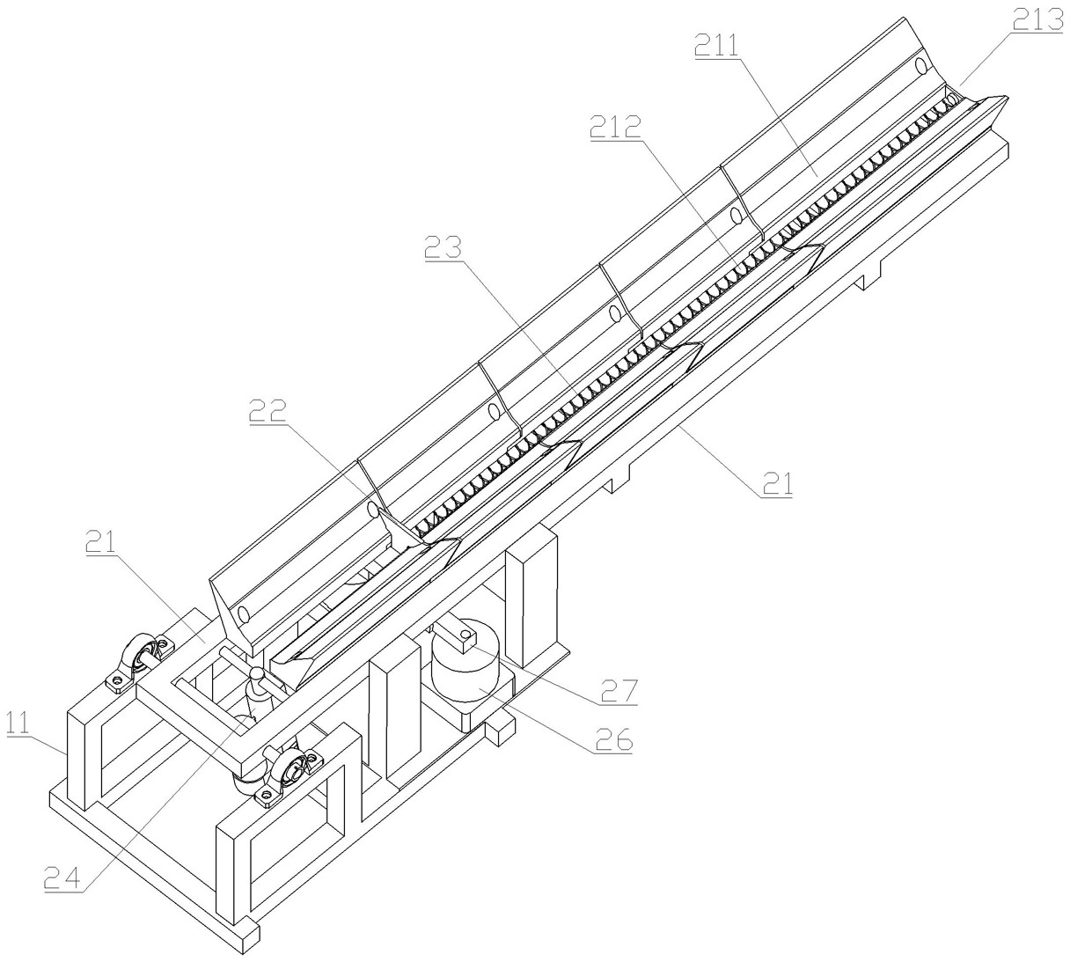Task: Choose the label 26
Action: point(611,740)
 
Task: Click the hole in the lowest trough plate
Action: point(242,613)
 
